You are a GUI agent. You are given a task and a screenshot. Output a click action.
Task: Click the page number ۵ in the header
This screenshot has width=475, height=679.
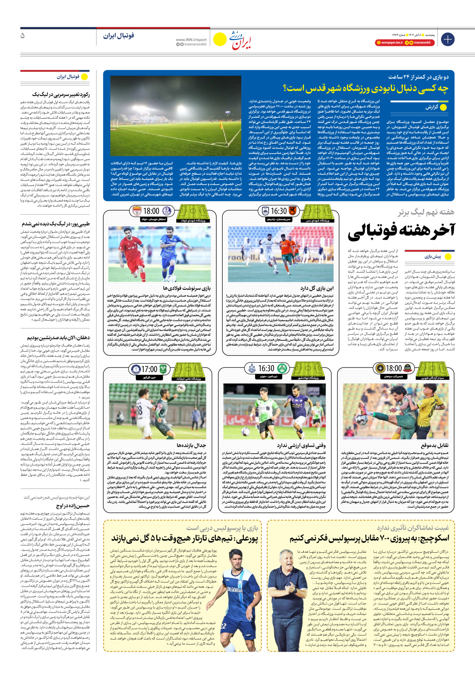pyautogui.click(x=23, y=36)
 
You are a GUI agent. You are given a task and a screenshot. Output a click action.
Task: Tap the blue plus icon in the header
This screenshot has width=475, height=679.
pyautogui.click(x=448, y=39)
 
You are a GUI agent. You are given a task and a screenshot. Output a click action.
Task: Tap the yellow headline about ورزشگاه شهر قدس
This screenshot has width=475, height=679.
pyautogui.click(x=366, y=89)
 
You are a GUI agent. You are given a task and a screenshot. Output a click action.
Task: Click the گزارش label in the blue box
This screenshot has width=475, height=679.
pyautogui.click(x=432, y=107)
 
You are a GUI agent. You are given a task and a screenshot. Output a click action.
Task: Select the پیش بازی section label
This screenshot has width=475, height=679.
pyautogui.click(x=433, y=257)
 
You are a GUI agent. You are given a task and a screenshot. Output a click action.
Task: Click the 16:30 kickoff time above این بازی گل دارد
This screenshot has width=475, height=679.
pyautogui.click(x=279, y=211)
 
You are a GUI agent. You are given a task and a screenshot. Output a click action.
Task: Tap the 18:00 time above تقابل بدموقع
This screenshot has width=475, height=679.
pyautogui.click(x=394, y=368)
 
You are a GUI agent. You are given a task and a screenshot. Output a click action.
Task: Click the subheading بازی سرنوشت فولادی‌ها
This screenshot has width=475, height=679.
pyautogui.click(x=187, y=288)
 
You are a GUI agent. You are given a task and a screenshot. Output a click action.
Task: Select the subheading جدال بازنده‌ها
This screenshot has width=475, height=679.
pyautogui.click(x=191, y=445)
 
